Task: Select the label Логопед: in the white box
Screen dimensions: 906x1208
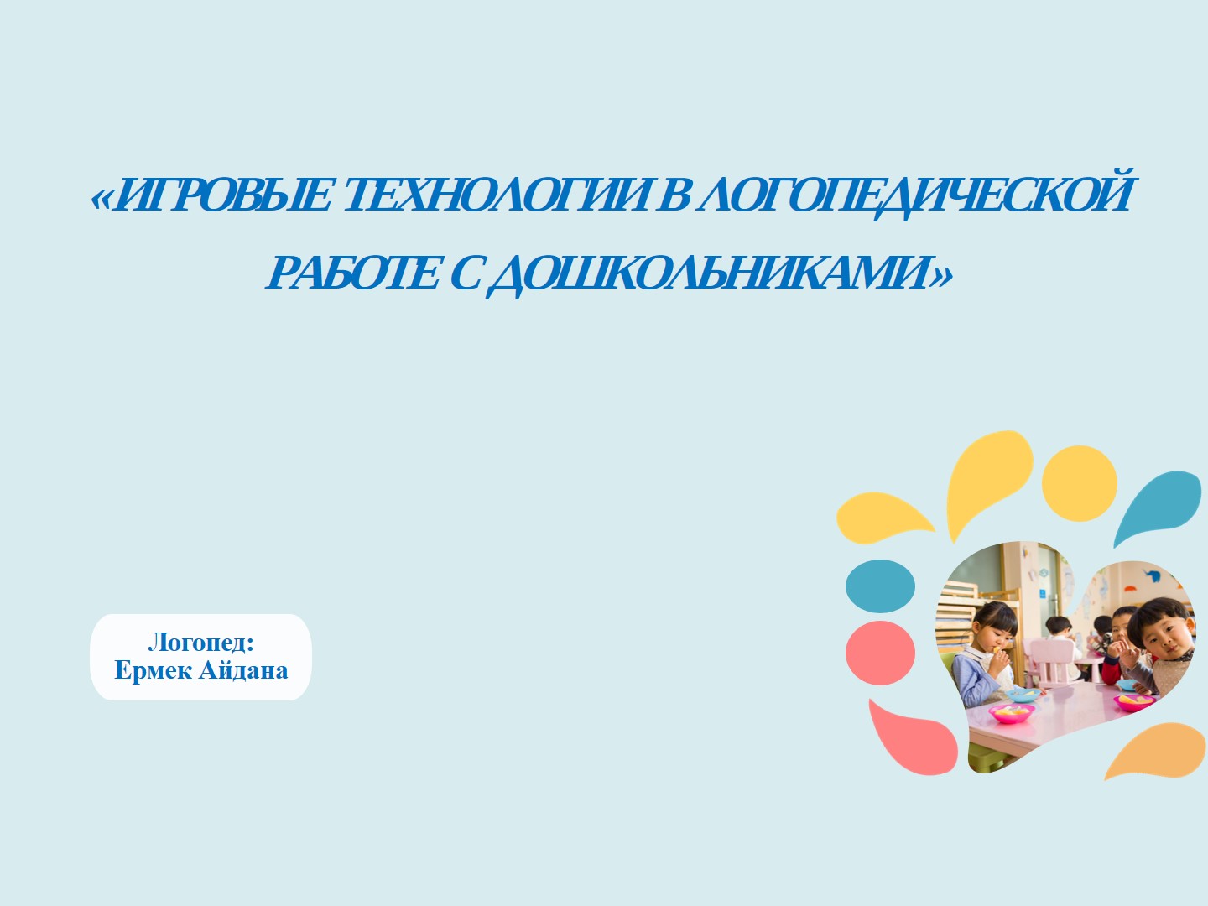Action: [x=201, y=643]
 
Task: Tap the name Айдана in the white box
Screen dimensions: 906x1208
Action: [x=243, y=670]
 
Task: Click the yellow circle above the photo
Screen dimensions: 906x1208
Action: [x=1079, y=483]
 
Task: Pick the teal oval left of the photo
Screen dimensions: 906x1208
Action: [x=880, y=586]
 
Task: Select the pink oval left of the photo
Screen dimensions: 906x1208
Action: [x=880, y=653]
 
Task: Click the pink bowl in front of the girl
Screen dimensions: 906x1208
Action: [x=1010, y=712]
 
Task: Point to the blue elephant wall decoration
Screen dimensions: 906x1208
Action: [x=1153, y=577]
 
